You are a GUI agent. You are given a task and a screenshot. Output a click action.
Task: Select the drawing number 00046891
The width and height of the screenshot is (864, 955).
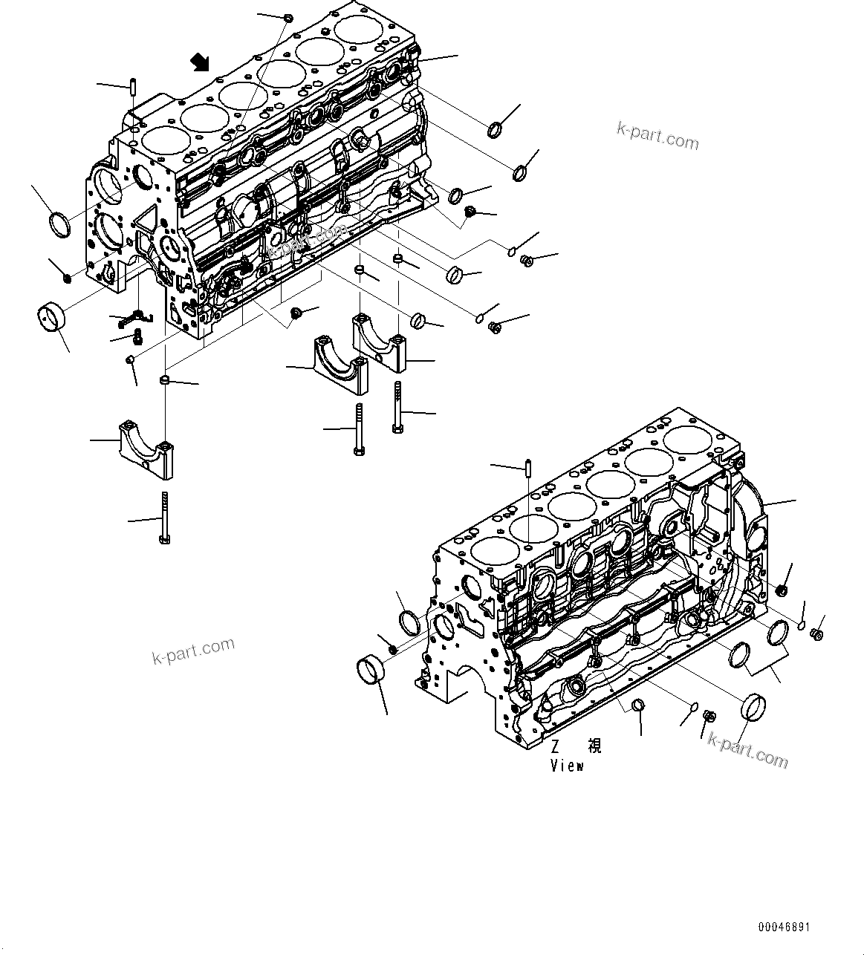pos(784,928)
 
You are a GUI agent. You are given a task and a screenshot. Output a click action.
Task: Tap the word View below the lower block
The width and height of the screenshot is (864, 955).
pos(567,766)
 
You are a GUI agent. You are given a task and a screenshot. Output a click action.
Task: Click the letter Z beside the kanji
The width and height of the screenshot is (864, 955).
pos(554,746)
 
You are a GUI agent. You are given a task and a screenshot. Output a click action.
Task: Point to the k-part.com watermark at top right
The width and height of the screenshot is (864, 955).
pos(657,136)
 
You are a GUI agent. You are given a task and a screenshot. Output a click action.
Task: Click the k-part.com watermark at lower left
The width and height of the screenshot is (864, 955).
pos(193,651)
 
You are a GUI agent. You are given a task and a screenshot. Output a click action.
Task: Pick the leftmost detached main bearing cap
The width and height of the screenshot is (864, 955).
pos(146,449)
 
